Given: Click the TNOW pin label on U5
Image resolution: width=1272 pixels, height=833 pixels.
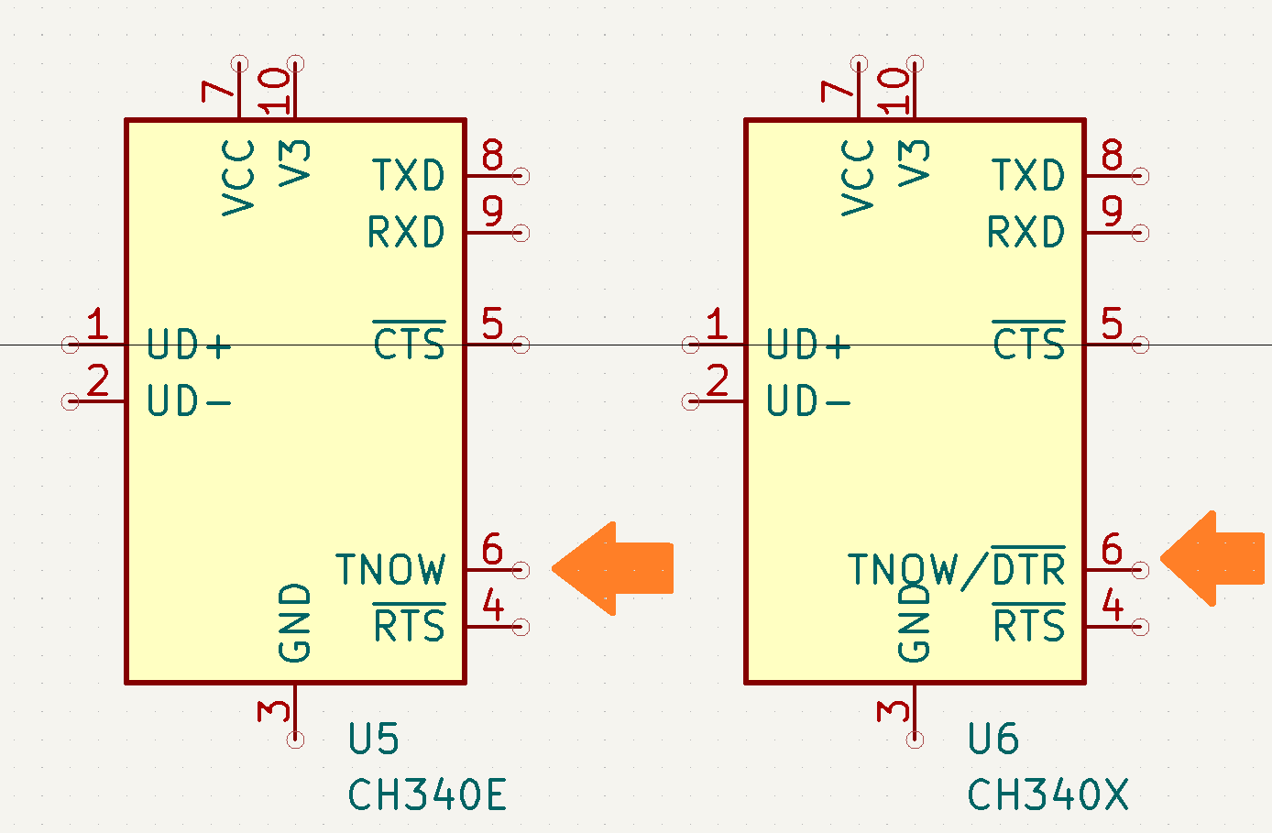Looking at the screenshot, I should pos(390,570).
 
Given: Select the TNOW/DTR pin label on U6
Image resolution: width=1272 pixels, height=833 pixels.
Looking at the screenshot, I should pos(956,570).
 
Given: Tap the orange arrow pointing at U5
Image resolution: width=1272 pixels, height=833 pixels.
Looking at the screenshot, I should pos(614,568).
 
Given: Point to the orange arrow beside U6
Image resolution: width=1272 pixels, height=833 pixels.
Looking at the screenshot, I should pos(1213,558).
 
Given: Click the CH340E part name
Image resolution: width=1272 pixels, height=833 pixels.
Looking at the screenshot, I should pos(427,795).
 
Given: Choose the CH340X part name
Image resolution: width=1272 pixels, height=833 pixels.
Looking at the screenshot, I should pos(1047,795).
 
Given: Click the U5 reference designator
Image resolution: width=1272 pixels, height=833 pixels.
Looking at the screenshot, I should pos(373,740).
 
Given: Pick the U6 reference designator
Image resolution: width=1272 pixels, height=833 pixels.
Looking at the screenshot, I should pos(993,740).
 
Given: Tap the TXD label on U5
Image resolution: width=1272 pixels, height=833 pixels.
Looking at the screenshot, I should pos(409,175).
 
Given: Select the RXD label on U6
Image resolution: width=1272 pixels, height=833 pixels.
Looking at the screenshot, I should pos(1026,233).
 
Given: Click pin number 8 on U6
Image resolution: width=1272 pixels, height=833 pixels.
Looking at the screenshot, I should pos(1112,156).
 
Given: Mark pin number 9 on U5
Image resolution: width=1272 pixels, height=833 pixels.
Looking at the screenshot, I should pos(492,212).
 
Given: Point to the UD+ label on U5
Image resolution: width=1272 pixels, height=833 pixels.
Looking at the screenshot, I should pos(189,346).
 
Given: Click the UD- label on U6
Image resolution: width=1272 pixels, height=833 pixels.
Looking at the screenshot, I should pos(808,402).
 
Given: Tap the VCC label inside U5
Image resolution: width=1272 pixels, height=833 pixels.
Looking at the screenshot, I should pos(239,178).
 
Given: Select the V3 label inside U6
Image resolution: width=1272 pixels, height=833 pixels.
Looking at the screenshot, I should pos(915,163).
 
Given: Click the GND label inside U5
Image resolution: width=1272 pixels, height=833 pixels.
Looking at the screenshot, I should pos(295,623).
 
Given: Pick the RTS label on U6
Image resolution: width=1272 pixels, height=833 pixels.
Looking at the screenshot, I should pos(1029,627).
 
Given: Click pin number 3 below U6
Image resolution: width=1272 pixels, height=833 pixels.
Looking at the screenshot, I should pos(894,711).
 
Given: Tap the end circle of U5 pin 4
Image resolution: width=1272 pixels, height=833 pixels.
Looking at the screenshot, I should pos(521,627).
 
